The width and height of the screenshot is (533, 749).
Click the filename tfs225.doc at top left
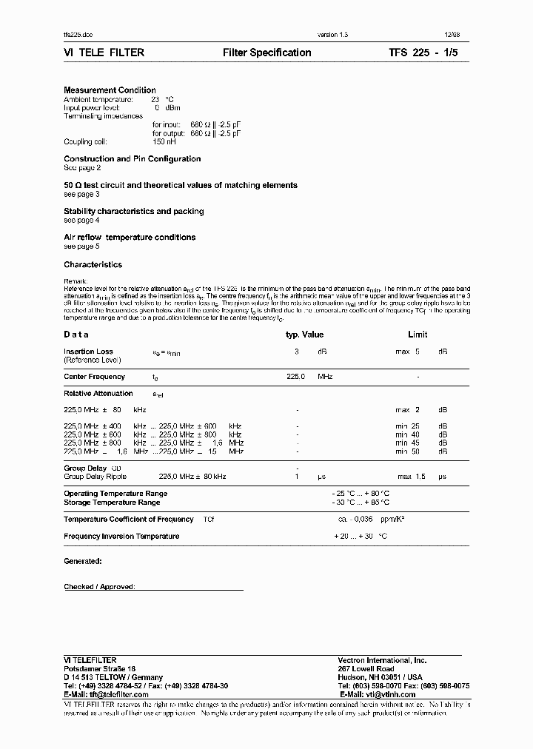(78, 35)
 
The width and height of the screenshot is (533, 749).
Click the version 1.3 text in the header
(332, 35)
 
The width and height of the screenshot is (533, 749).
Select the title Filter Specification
(266, 53)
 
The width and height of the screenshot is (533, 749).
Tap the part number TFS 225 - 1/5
(429, 53)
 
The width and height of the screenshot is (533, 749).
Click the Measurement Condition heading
(110, 90)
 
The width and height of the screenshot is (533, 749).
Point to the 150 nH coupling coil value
(164, 141)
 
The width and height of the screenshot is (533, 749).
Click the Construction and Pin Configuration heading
(132, 159)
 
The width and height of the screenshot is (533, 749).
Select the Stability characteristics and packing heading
(133, 212)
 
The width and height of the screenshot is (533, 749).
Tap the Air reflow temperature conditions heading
(130, 238)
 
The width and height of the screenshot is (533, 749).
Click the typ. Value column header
(304, 335)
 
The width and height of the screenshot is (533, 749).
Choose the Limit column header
(418, 335)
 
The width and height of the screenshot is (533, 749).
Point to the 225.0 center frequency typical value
(295, 377)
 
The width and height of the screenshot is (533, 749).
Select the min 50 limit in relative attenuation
(407, 451)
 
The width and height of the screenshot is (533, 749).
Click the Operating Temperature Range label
(115, 494)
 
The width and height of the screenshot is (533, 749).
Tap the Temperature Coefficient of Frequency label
(129, 520)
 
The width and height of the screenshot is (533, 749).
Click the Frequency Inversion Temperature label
(121, 537)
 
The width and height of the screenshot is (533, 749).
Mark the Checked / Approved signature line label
(99, 587)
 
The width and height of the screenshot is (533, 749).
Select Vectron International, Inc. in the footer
(382, 660)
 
